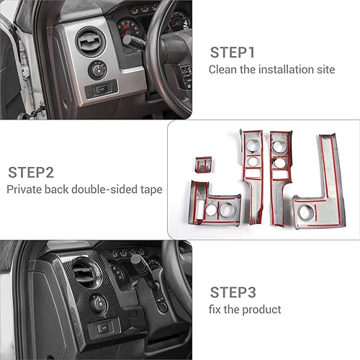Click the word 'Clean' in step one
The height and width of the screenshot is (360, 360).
click(x=222, y=70)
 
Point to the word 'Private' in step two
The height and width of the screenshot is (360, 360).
click(x=24, y=190)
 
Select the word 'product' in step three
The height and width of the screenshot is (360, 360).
click(x=263, y=310)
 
